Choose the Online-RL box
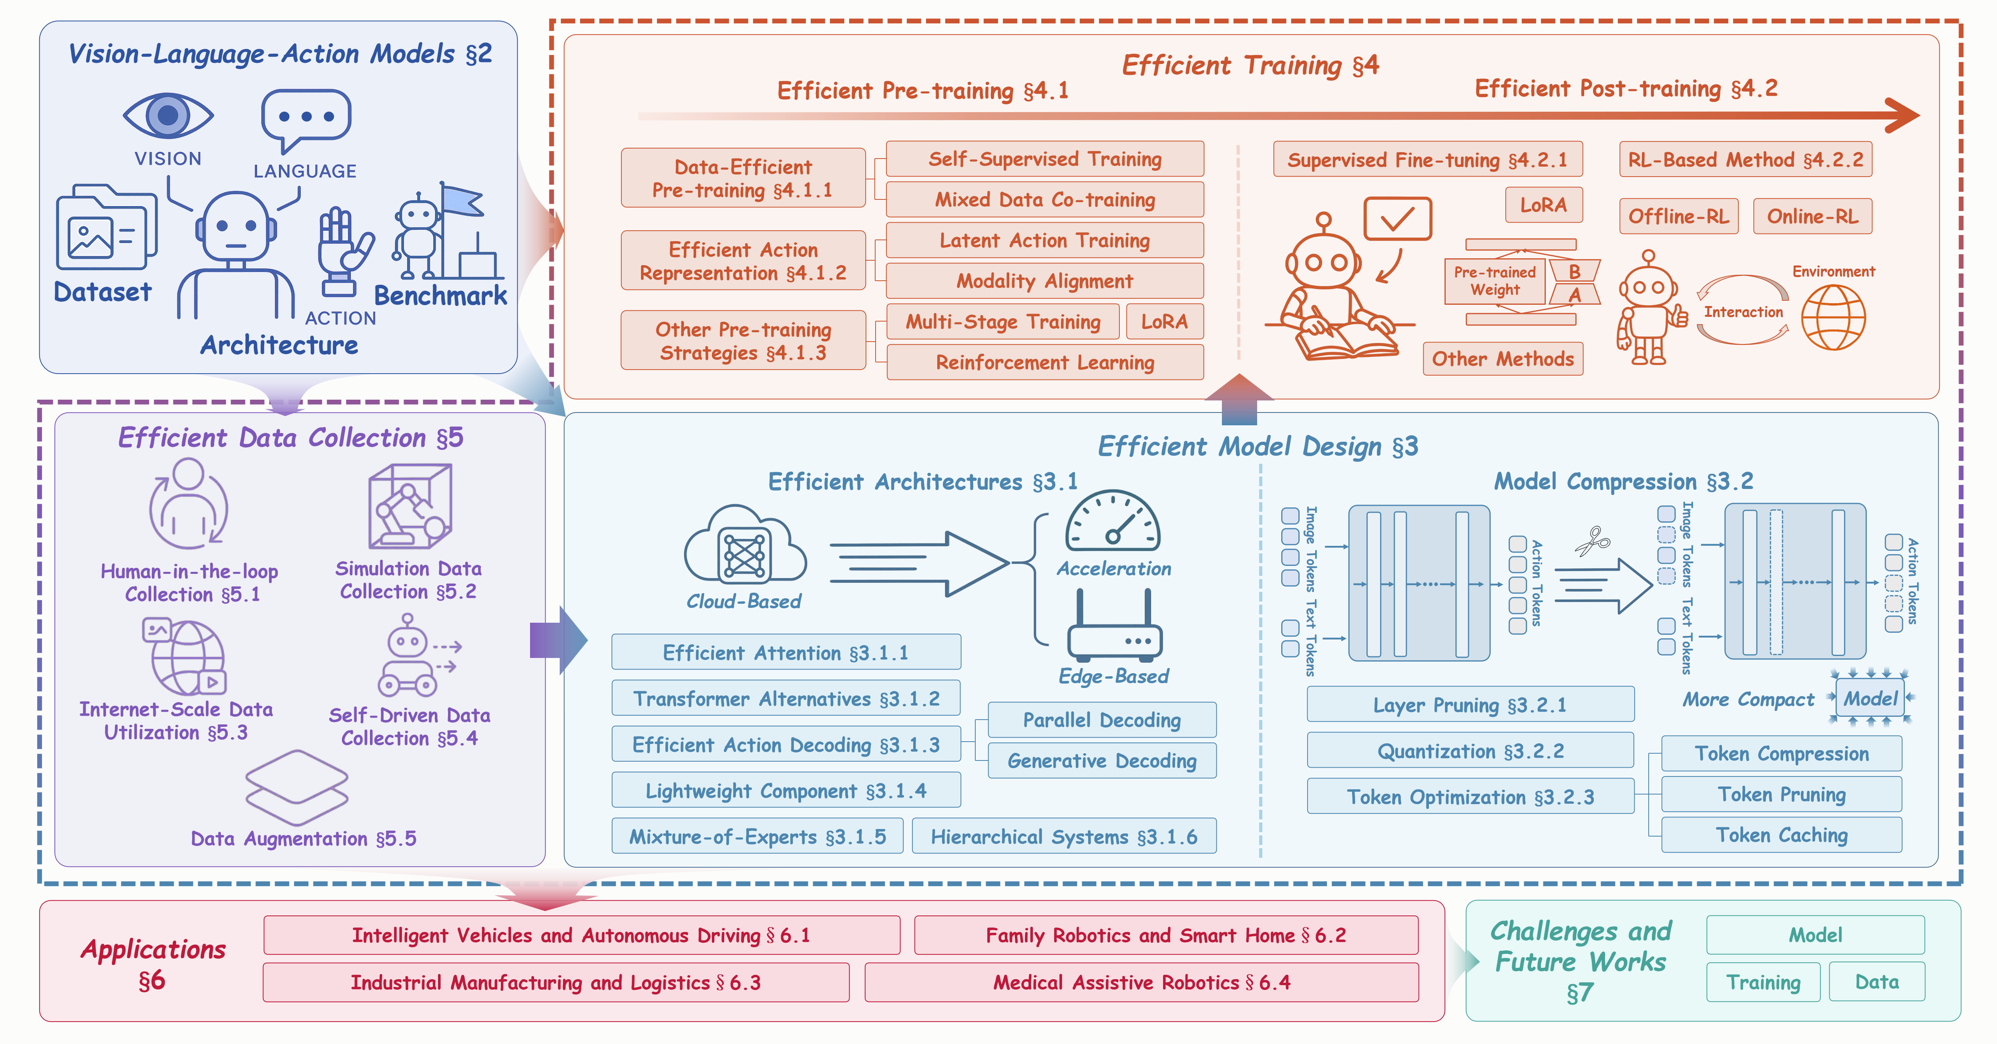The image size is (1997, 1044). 1812,216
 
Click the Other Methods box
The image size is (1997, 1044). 1503,359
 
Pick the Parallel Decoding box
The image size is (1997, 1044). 1102,720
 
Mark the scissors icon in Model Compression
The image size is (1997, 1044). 1592,541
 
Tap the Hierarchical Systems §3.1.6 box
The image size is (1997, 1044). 1064,837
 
